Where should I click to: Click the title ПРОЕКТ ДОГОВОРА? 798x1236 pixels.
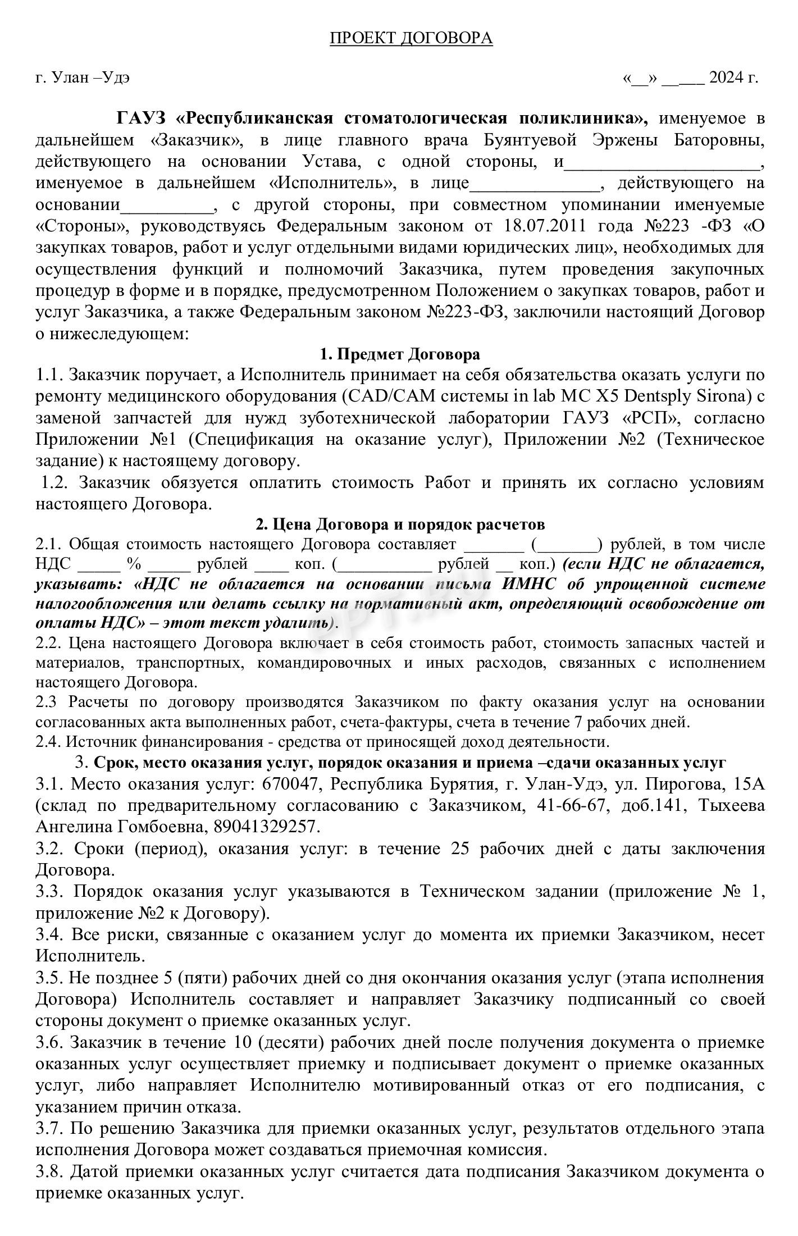pyautogui.click(x=411, y=38)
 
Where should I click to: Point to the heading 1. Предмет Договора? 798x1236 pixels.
pyautogui.click(x=399, y=354)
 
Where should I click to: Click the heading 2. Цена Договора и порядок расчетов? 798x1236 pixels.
pyautogui.click(x=400, y=524)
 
